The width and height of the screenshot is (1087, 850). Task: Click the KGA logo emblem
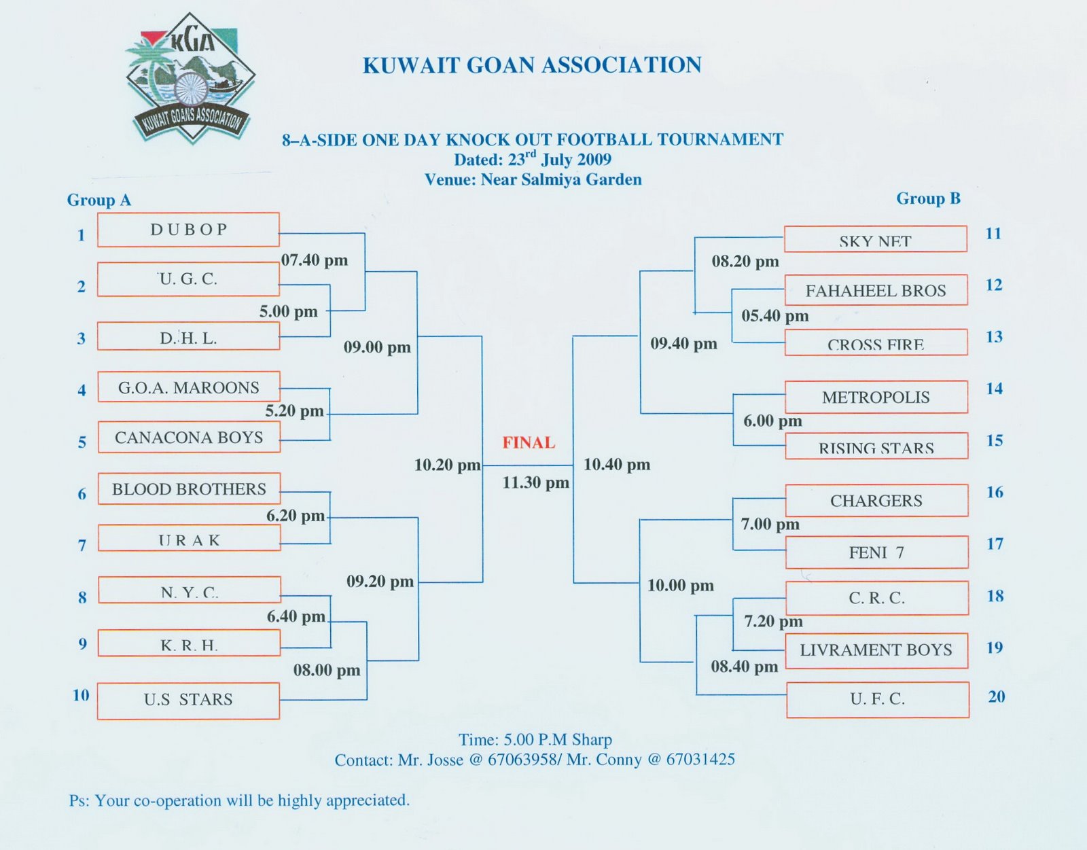point(190,78)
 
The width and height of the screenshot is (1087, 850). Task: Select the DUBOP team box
point(188,230)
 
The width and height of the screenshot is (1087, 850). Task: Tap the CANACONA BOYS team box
point(189,437)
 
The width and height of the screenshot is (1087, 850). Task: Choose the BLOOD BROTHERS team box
point(189,489)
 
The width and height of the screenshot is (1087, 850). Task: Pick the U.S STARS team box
point(188,700)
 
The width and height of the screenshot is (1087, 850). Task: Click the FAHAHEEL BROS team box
point(876,290)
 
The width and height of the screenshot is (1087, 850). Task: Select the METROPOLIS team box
point(876,397)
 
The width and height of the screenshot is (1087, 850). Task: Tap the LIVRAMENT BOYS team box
point(876,650)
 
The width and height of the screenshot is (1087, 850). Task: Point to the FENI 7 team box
point(876,552)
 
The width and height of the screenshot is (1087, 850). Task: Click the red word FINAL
point(529,442)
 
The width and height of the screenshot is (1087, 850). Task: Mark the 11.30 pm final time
point(535,483)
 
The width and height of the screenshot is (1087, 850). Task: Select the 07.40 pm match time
point(315,260)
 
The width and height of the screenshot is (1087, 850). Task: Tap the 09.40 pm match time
point(683,343)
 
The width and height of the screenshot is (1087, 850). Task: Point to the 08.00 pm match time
point(327,670)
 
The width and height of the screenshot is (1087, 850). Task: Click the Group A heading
point(99,200)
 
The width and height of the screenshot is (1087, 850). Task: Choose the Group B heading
point(928,198)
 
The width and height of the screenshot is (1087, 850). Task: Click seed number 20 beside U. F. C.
point(996,696)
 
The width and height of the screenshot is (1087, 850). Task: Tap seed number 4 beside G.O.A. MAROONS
point(82,390)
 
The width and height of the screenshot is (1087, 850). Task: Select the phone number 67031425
point(700,759)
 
